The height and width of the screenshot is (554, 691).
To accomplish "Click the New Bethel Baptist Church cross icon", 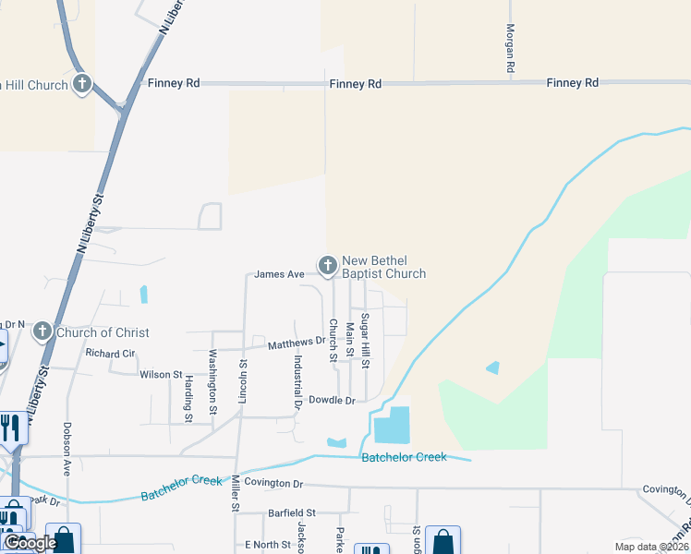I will (327, 266).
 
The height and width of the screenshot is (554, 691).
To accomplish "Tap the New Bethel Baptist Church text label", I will (383, 267).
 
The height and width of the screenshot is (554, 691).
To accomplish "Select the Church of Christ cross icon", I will (42, 331).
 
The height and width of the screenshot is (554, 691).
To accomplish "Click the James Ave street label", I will (279, 274).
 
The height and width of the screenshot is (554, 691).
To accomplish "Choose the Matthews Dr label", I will (297, 343).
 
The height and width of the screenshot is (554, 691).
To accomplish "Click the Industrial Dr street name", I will (298, 380).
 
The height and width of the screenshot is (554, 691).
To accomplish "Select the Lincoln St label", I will (244, 381).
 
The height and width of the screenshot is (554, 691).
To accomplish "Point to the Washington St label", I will (212, 381).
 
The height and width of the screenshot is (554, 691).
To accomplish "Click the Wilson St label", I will (162, 374).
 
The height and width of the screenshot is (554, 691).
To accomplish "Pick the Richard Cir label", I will (110, 354).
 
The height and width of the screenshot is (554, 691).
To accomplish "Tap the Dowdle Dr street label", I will (332, 401).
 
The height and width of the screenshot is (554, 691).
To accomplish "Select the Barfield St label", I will (292, 512).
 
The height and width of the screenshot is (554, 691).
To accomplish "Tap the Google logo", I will (30, 543).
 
